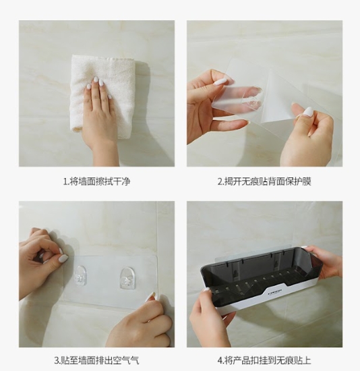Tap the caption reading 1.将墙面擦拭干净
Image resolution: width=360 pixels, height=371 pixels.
[96, 181]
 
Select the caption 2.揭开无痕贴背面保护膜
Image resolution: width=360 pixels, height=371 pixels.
[264, 181]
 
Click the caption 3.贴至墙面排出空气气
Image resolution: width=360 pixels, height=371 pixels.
[96, 360]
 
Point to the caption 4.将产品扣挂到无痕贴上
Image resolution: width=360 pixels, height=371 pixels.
[264, 360]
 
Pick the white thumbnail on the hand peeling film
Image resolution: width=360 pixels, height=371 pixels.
[220, 82]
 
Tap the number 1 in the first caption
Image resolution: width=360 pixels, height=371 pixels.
[65, 181]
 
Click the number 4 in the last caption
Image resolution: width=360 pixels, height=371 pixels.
[220, 361]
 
